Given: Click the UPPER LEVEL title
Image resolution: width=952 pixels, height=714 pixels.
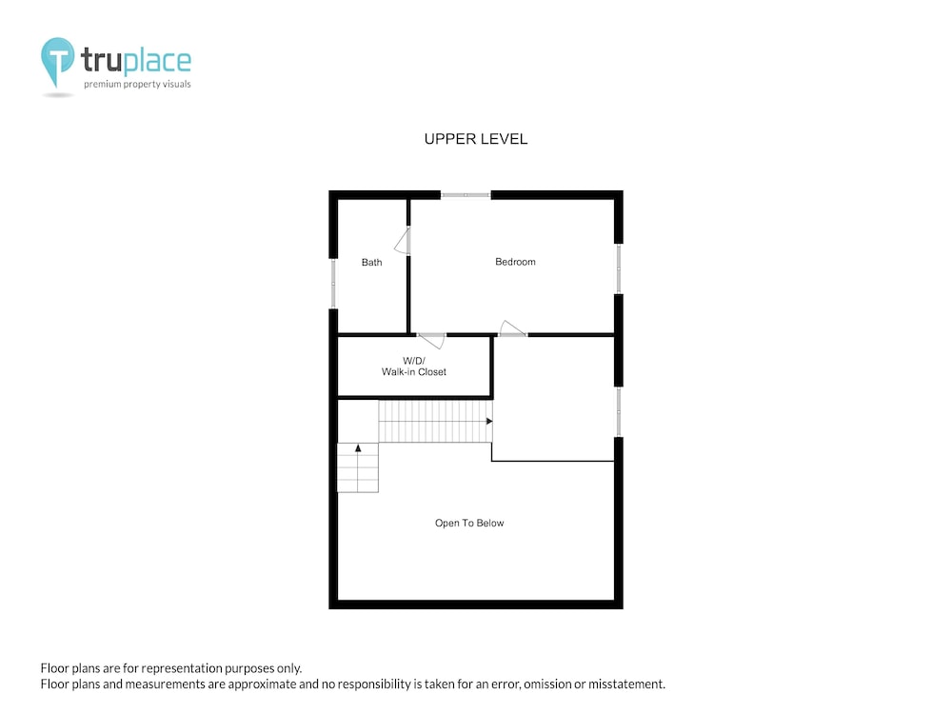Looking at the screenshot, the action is pyautogui.click(x=476, y=139).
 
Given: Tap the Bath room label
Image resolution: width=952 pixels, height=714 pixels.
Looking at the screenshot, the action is pyautogui.click(x=371, y=263).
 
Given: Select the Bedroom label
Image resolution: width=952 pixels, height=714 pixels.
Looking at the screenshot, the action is pyautogui.click(x=515, y=262).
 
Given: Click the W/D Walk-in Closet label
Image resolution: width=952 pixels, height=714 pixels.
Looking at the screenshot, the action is pyautogui.click(x=414, y=367).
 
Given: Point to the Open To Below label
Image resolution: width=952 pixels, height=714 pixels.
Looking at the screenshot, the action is pyautogui.click(x=469, y=523).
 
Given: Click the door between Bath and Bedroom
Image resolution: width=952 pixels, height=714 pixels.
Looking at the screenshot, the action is pyautogui.click(x=403, y=241).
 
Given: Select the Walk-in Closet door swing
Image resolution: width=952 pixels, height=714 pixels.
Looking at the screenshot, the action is pyautogui.click(x=431, y=340).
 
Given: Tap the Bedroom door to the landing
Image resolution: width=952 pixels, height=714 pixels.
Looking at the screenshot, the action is pyautogui.click(x=512, y=328).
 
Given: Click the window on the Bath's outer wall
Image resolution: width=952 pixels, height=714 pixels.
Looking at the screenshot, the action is pyautogui.click(x=333, y=284).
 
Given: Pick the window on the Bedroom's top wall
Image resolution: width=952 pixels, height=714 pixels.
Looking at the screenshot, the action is pyautogui.click(x=466, y=195).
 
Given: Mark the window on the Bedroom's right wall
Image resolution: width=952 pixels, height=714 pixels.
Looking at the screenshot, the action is pyautogui.click(x=619, y=269).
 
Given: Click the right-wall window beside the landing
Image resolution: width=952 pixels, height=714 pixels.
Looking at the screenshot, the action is pyautogui.click(x=619, y=411).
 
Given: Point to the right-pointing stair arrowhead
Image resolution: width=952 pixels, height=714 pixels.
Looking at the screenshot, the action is pyautogui.click(x=489, y=421).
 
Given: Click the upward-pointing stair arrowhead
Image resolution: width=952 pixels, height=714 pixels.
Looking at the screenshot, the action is pyautogui.click(x=358, y=448).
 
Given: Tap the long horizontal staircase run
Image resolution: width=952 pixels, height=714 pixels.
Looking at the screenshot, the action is pyautogui.click(x=435, y=421).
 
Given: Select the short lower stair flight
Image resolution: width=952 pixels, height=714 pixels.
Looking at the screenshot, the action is pyautogui.click(x=358, y=467).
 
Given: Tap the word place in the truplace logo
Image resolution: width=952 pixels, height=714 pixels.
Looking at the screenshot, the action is pyautogui.click(x=158, y=61).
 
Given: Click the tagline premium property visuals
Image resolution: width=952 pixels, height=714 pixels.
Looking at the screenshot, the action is pyautogui.click(x=137, y=84).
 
